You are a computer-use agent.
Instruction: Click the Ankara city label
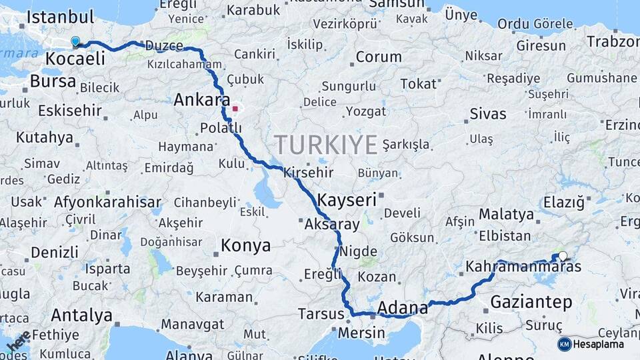pos(197,101)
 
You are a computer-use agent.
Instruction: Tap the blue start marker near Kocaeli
pos(75,42)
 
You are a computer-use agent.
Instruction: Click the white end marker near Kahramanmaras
pos(563,255)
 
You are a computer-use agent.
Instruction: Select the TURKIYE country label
pos(325,144)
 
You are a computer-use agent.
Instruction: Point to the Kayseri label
pos(347,199)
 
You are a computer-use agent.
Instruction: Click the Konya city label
pos(245,246)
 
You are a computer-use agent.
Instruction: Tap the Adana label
pos(402,308)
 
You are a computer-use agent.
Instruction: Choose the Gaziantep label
pos(531,302)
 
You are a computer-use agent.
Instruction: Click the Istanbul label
pos(60,17)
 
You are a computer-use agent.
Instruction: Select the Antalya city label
pos(81,315)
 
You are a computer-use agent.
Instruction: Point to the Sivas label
pos(488,113)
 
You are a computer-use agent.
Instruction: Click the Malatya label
pos(506,215)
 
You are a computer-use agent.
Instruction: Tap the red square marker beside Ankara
pos(235,108)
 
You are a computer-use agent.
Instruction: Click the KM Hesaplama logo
pos(591,344)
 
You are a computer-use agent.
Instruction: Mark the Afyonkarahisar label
pos(107,201)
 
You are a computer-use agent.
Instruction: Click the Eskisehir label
pos(69,110)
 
